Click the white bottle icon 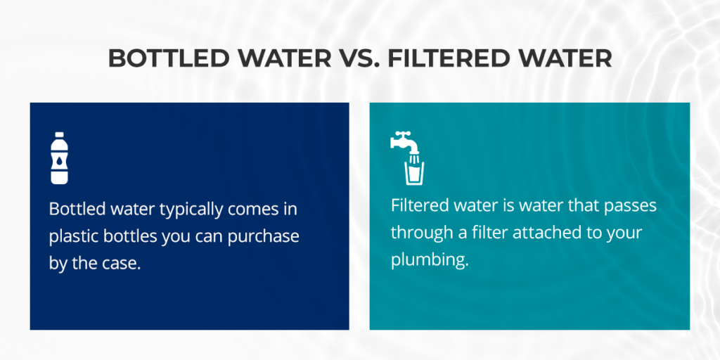click(x=60, y=157)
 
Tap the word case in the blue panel click(x=126, y=263)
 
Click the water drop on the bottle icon click(x=60, y=162)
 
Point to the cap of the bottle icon click(x=60, y=134)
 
